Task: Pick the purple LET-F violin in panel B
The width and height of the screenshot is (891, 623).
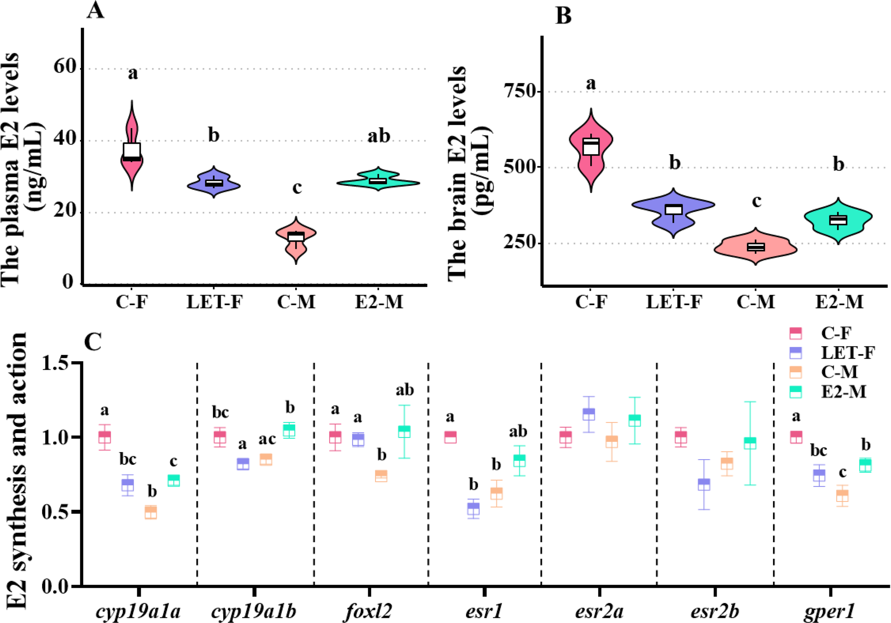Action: [673, 211]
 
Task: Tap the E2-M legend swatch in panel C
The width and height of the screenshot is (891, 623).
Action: [793, 392]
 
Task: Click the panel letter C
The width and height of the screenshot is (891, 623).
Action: [93, 341]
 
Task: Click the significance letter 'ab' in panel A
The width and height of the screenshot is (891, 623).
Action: [378, 136]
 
